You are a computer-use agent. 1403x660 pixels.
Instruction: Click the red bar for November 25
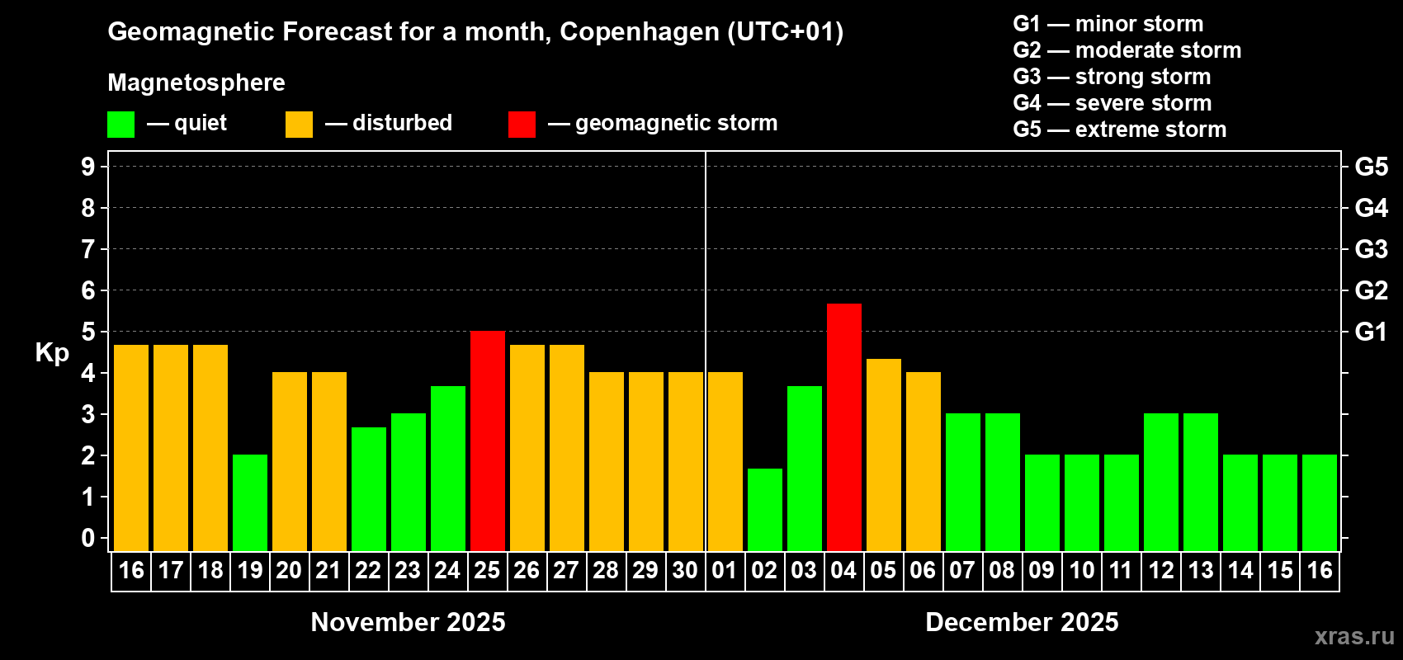click(x=488, y=441)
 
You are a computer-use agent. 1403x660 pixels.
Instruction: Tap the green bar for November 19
click(x=250, y=502)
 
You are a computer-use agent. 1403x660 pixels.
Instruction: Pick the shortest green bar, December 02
click(x=765, y=510)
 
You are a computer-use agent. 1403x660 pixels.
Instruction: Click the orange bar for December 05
click(x=884, y=455)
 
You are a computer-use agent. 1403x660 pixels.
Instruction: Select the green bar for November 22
click(x=369, y=488)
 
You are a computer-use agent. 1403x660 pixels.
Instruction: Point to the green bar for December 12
click(x=1161, y=482)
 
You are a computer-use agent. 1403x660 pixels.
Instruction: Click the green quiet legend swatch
click(x=121, y=125)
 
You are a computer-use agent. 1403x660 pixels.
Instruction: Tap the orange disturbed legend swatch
click(x=300, y=125)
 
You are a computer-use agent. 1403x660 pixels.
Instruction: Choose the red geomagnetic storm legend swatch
click(x=522, y=125)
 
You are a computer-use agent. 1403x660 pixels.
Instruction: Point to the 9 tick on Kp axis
click(x=88, y=167)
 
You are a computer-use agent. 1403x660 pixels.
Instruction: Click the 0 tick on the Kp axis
click(x=88, y=538)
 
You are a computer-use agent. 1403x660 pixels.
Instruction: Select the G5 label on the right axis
click(x=1371, y=167)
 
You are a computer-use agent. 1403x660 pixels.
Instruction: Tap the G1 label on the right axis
click(x=1371, y=332)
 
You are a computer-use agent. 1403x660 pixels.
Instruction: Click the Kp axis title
click(x=52, y=352)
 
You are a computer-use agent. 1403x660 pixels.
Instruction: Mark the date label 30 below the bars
click(x=685, y=570)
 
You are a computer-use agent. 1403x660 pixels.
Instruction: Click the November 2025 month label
click(x=408, y=622)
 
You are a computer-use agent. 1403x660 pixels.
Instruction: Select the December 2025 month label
click(x=1022, y=622)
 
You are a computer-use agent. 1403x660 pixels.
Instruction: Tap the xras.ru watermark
click(x=1354, y=636)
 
